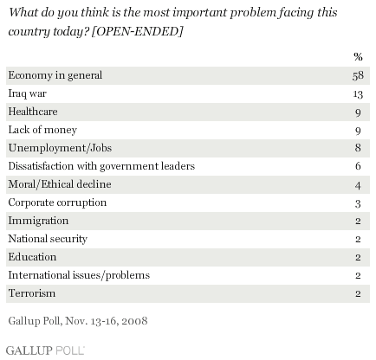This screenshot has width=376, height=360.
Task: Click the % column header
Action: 358,56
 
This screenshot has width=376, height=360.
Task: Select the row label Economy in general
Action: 55,75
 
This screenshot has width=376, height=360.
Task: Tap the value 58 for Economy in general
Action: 358,75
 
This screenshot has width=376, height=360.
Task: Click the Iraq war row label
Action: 28,93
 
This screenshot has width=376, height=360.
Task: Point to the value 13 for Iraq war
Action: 358,94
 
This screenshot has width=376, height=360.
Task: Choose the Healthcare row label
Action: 33,112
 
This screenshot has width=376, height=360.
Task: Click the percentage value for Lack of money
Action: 358,131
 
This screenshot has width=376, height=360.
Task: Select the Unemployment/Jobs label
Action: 60,148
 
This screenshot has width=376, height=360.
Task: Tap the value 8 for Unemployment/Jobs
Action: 358,148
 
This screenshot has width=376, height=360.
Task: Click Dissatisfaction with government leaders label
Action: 101,166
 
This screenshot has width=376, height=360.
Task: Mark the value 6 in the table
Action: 358,166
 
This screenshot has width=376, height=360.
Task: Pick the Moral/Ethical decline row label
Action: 60,184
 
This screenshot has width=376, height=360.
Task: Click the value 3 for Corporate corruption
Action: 358,203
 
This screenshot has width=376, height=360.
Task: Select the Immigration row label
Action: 38,221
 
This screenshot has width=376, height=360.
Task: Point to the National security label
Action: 48,239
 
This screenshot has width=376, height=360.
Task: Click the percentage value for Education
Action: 358,257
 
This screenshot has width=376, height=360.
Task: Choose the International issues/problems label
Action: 79,275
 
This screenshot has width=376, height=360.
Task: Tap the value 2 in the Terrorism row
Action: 358,293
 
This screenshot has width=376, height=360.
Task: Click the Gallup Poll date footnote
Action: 78,321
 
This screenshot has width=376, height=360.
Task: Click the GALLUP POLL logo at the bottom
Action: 45,350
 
